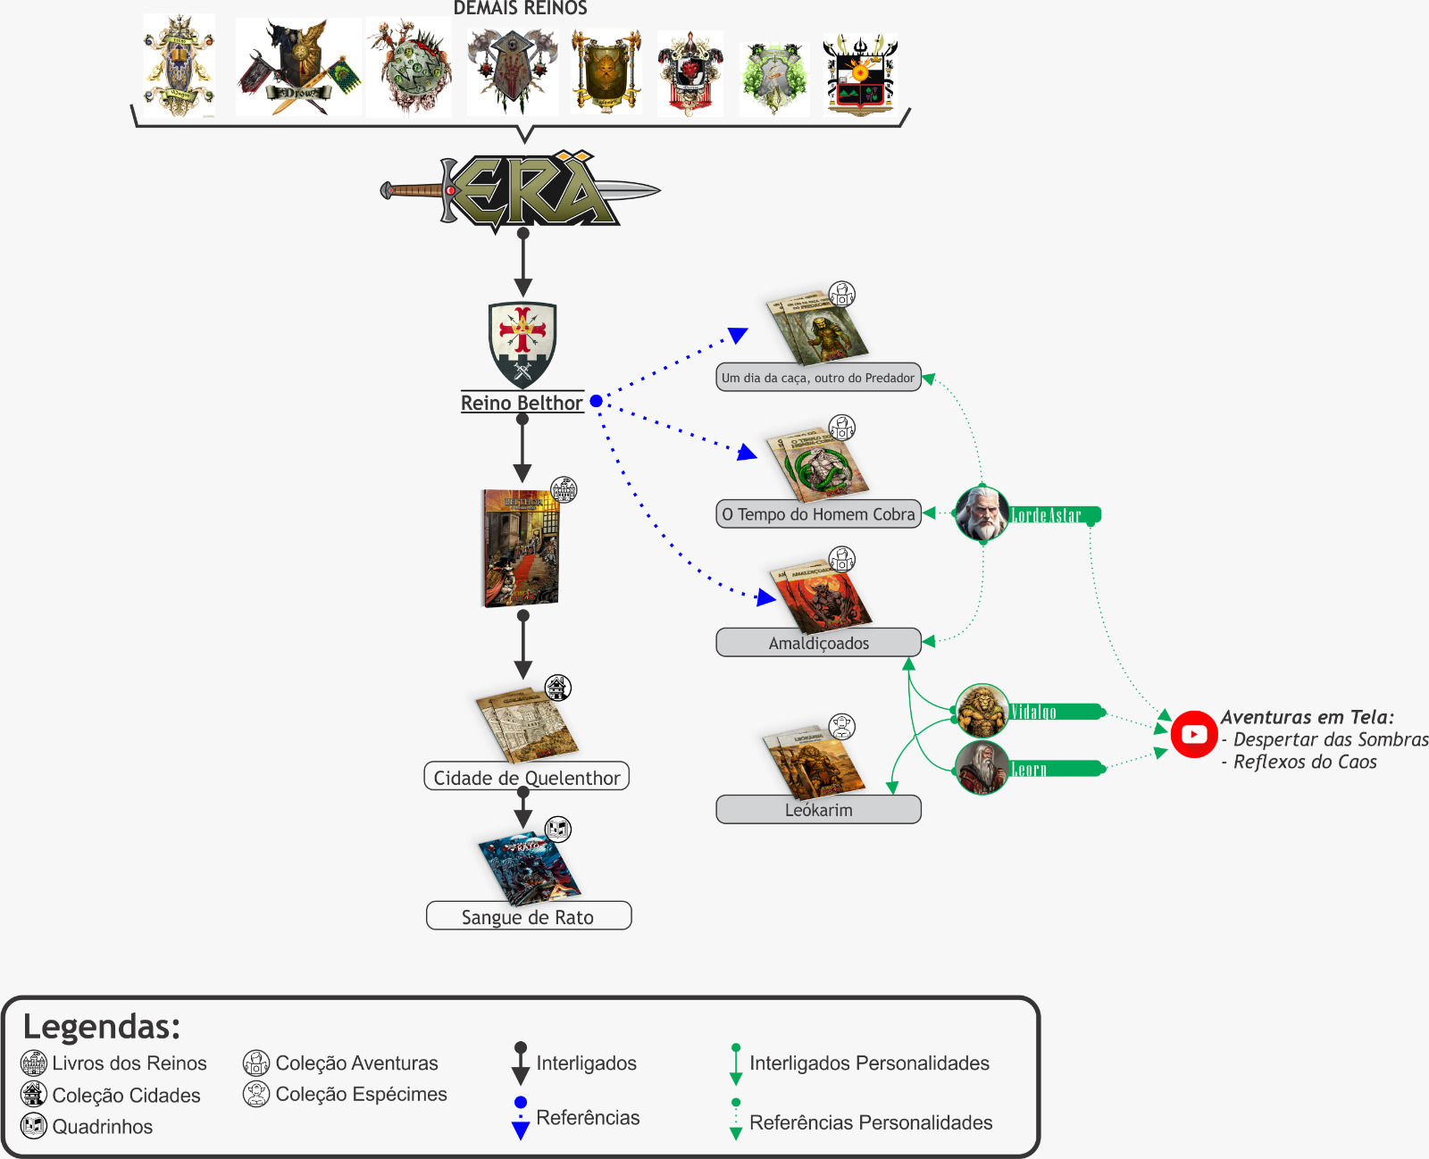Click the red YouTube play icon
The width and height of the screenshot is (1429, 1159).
[1194, 734]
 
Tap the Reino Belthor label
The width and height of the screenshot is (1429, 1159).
[522, 403]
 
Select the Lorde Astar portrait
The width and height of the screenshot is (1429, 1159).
[982, 513]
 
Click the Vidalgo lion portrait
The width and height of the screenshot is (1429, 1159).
[982, 711]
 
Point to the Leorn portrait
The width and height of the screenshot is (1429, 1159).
[982, 768]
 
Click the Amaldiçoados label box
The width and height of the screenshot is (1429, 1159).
[818, 642]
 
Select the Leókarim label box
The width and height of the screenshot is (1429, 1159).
[818, 810]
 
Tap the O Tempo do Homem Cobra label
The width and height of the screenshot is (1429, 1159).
[818, 514]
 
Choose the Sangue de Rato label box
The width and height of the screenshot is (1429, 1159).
[528, 916]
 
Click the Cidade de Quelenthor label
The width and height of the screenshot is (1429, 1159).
[526, 777]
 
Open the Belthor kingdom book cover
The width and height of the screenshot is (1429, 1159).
[522, 548]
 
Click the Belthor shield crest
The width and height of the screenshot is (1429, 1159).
[522, 344]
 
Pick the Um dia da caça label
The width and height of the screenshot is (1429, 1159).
[818, 378]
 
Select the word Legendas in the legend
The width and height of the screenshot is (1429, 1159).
[101, 1027]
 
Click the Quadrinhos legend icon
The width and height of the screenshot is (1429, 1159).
[34, 1126]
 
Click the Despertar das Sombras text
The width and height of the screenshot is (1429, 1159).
[1330, 739]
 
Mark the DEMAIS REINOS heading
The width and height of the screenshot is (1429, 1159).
[520, 8]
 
